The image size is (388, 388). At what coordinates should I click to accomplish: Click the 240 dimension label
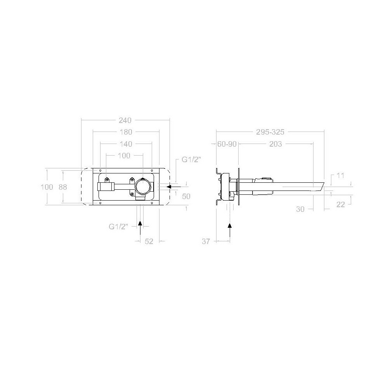coord(125,120)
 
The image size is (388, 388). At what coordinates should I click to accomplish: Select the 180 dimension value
coord(126,132)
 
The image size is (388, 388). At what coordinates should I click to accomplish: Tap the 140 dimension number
coord(126,144)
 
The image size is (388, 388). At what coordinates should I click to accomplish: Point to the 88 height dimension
coord(63,187)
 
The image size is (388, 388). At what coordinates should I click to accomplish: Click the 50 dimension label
coord(186,197)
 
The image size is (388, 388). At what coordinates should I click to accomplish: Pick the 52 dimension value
coord(149,241)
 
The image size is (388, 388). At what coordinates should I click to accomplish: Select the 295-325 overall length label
coord(270,132)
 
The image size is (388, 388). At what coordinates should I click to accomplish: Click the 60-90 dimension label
coord(227,144)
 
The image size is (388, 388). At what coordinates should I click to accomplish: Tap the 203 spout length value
coord(275,144)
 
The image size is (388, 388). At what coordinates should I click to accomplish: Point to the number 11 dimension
coord(340,175)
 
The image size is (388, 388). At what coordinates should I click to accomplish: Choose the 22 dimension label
coord(341,204)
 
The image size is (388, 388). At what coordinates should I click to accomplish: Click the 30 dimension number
coord(300,209)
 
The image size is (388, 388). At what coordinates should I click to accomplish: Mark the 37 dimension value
coord(206,241)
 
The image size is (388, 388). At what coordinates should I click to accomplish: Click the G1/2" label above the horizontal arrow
coord(192,159)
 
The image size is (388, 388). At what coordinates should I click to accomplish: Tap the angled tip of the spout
coord(320,186)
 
